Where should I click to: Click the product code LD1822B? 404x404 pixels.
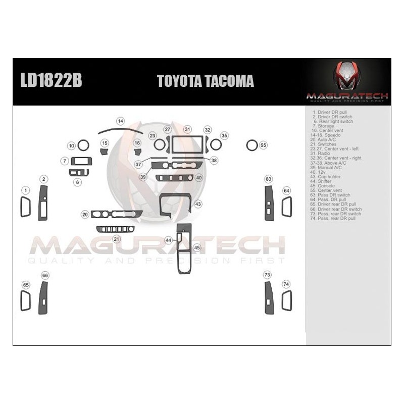click(x=50, y=81)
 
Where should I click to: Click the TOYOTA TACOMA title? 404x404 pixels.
click(x=205, y=81)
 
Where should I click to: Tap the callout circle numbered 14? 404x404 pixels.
click(x=121, y=121)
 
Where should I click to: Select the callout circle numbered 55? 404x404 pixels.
click(x=263, y=145)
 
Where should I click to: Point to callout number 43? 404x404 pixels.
click(x=198, y=204)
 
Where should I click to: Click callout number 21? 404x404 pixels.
click(x=116, y=239)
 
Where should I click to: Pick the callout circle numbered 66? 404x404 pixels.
click(x=45, y=275)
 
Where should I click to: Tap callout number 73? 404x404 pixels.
click(x=267, y=274)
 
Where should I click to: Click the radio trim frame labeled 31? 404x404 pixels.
click(x=187, y=145)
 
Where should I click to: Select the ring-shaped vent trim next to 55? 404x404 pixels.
click(x=251, y=145)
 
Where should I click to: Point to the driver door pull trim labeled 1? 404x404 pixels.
click(x=25, y=207)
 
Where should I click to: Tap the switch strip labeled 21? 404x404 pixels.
click(x=115, y=229)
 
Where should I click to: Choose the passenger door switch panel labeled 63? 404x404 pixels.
click(x=269, y=203)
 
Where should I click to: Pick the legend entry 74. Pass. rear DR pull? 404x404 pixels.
click(x=333, y=218)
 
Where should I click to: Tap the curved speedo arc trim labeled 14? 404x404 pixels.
click(x=120, y=130)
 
